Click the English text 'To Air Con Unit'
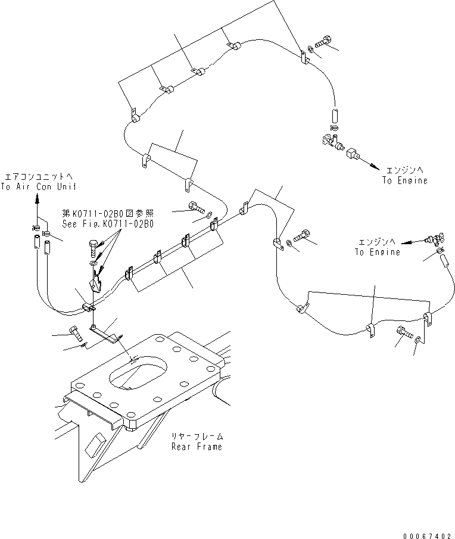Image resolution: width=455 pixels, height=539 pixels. click(39, 186)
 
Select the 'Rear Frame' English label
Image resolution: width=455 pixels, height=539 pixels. click(197, 446)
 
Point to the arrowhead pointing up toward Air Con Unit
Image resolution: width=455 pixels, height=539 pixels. click(37, 202)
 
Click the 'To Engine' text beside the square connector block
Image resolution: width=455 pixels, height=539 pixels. click(405, 180)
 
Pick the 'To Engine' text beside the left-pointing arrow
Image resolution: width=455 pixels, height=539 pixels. click(378, 252)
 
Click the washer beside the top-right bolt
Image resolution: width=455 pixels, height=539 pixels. click(311, 49)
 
